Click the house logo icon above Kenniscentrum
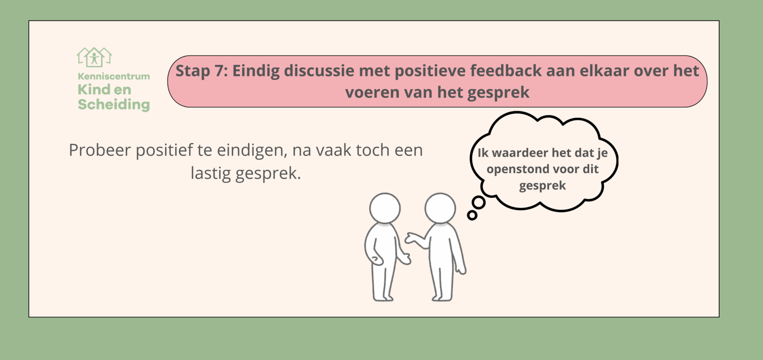[x=94, y=57]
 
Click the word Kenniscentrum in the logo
[x=114, y=76]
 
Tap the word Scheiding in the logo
[x=114, y=105]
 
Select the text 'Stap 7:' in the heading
[x=202, y=71]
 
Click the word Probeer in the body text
[x=100, y=150]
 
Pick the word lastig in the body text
[x=211, y=173]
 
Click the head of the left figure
[x=385, y=208]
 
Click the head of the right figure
[x=440, y=208]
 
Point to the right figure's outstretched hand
[x=411, y=238]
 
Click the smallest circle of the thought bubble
[x=472, y=215]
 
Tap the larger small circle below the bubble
[x=479, y=203]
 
